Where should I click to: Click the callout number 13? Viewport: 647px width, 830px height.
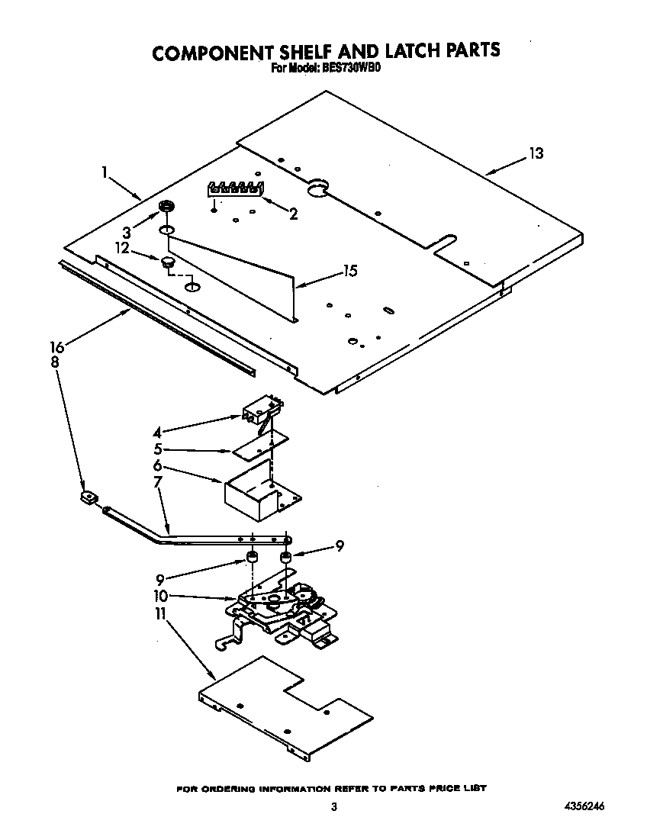536,154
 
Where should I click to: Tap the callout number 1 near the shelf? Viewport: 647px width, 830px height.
105,172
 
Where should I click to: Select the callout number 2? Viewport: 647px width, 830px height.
292,214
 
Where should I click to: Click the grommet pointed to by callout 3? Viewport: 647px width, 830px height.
166,207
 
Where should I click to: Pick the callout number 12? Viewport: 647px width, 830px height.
122,248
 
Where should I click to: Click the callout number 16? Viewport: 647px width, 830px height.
58,347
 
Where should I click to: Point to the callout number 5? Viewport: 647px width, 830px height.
157,449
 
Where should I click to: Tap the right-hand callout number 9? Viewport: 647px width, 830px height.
340,545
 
